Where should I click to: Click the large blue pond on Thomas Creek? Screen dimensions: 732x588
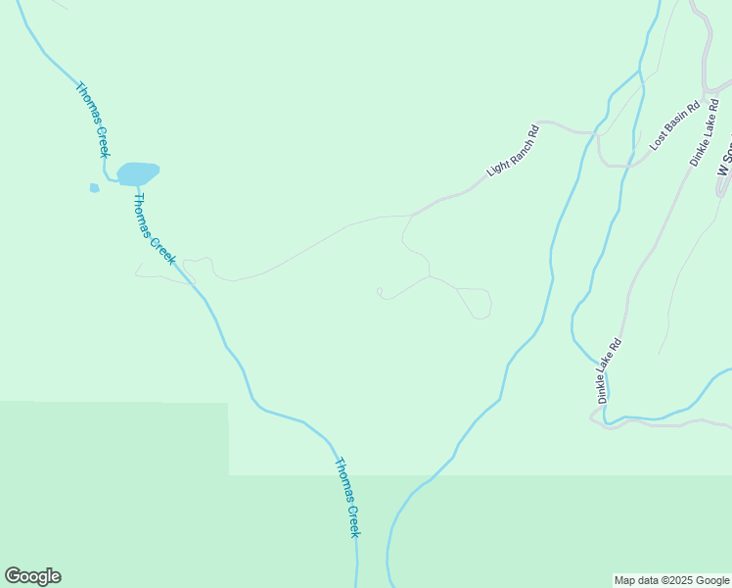pyautogui.click(x=137, y=173)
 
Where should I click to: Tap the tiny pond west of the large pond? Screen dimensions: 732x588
pyautogui.click(x=95, y=187)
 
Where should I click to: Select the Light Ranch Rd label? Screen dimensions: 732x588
pyautogui.click(x=513, y=151)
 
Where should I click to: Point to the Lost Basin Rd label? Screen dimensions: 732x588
pyautogui.click(x=675, y=124)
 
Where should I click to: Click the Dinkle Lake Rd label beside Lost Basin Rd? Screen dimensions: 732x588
pyautogui.click(x=710, y=133)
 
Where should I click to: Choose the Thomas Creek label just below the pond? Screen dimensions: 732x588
pyautogui.click(x=154, y=228)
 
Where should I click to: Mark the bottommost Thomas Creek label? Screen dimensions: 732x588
pyautogui.click(x=347, y=497)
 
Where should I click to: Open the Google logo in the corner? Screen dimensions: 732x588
pyautogui.click(x=32, y=576)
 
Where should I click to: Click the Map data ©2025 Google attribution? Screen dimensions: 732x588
pyautogui.click(x=671, y=580)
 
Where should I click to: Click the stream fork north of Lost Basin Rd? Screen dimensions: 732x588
pyautogui.click(x=641, y=71)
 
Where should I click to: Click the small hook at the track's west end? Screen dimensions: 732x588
pyautogui.click(x=380, y=291)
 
